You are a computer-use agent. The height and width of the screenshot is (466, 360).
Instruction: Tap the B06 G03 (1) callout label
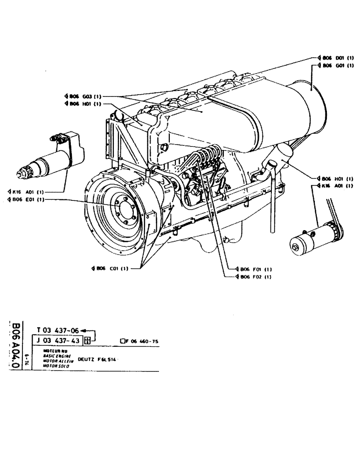pyautogui.click(x=84, y=96)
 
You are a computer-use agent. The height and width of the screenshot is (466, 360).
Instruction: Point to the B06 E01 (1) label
pyautogui.click(x=27, y=199)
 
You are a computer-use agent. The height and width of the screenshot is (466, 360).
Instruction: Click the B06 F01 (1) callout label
pyautogui.click(x=254, y=269)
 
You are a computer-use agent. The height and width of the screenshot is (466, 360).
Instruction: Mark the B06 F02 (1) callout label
pyautogui.click(x=254, y=277)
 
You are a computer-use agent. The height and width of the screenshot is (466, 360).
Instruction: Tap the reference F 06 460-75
pyautogui.click(x=142, y=342)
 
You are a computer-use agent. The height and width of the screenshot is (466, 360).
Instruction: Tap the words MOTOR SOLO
pyautogui.click(x=55, y=366)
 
